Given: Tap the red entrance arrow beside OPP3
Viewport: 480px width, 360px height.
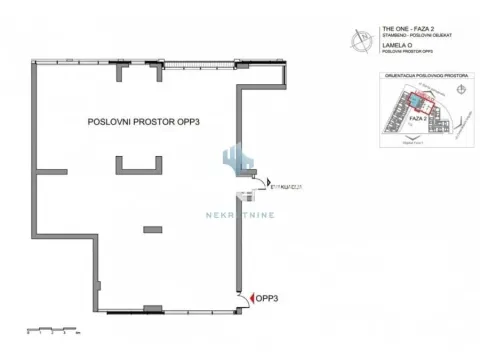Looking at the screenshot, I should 251,298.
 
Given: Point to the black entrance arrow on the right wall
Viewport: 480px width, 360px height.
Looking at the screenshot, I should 270,185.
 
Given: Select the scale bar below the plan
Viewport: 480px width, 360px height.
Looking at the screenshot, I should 54,327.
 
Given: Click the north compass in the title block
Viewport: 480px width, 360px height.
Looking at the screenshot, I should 360,39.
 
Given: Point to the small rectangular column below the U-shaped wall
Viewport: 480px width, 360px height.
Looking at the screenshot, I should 152,229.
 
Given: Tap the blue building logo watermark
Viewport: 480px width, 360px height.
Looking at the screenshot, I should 239,160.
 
